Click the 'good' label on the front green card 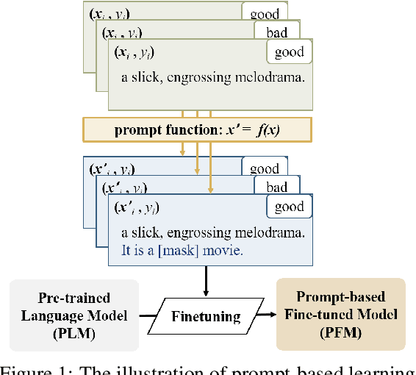[x=289, y=53]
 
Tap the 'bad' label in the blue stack [x=276, y=187]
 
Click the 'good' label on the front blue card [x=289, y=207]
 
